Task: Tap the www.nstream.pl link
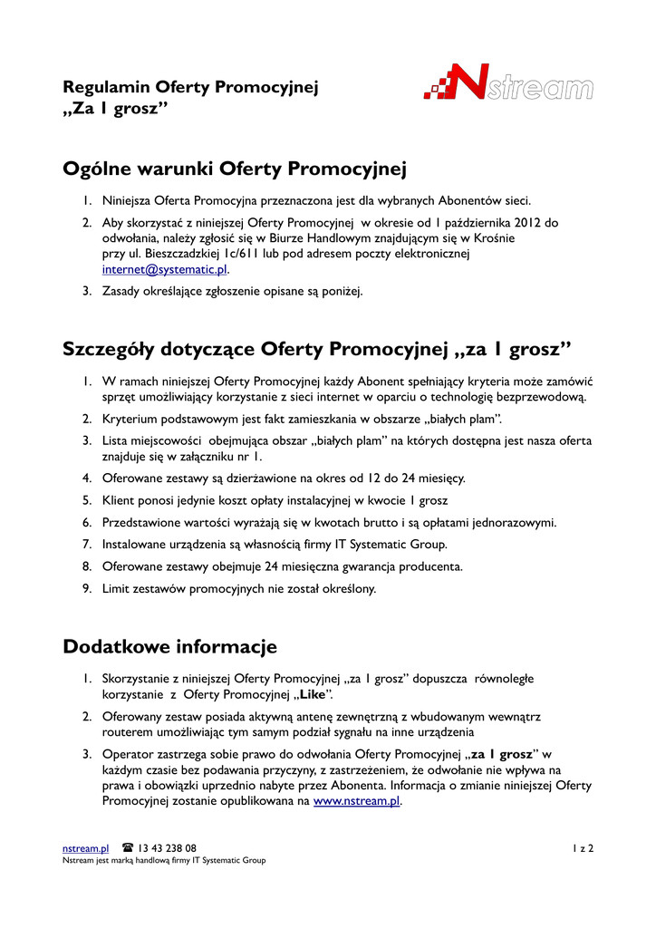pyautogui.click(x=356, y=802)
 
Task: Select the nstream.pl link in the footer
pyautogui.click(x=85, y=848)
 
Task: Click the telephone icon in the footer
pyautogui.click(x=128, y=848)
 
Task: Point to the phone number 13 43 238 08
pyautogui.click(x=168, y=848)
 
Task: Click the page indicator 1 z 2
pyautogui.click(x=583, y=848)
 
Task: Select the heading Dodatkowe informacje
pyautogui.click(x=169, y=647)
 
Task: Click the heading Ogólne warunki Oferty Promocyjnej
pyautogui.click(x=235, y=169)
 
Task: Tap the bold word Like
pyautogui.click(x=312, y=694)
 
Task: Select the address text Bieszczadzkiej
pyautogui.click(x=181, y=255)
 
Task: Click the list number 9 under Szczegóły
pyautogui.click(x=86, y=588)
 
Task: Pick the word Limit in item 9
pyautogui.click(x=116, y=588)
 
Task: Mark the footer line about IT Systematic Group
pyautogui.click(x=164, y=861)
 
